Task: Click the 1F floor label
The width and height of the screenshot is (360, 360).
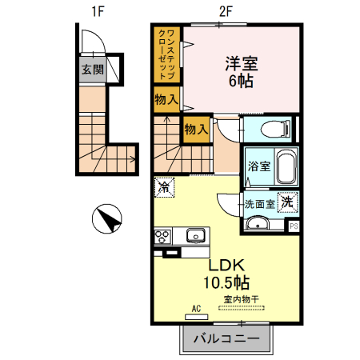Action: click(x=98, y=11)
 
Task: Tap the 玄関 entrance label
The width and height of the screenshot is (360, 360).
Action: click(x=92, y=70)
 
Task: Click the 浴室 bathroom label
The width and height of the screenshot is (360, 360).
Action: click(x=258, y=167)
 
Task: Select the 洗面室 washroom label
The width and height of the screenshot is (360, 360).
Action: click(x=260, y=204)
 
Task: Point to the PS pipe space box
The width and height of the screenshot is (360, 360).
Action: click(x=294, y=226)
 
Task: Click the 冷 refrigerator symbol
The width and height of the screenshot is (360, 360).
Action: click(x=164, y=187)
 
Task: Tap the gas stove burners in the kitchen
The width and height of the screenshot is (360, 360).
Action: click(x=162, y=235)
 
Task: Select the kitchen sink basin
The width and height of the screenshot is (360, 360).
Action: click(x=195, y=235)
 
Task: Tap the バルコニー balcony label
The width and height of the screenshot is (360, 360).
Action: click(x=226, y=338)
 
